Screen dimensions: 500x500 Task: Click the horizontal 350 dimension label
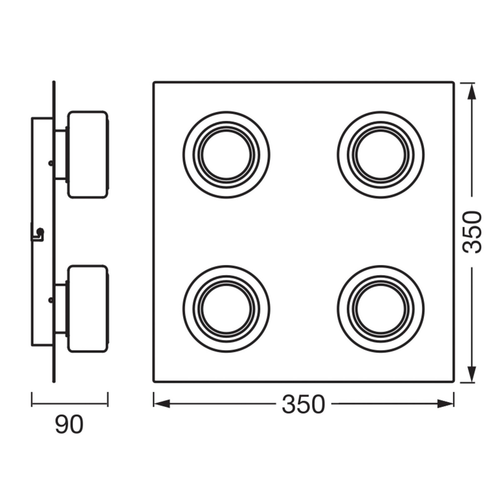[303, 404]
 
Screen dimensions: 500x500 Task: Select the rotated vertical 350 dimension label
[473, 232]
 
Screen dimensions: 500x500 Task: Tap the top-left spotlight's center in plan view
[226, 155]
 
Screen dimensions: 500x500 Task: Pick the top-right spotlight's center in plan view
[381, 155]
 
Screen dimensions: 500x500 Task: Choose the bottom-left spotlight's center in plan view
[226, 309]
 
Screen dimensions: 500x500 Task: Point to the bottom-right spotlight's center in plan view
[381, 309]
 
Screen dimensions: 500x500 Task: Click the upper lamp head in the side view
[88, 155]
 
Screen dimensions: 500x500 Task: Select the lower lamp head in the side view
[88, 309]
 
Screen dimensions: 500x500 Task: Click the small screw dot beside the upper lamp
[50, 163]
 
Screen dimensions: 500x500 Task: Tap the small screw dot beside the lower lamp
[50, 300]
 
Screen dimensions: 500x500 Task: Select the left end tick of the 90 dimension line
[32, 399]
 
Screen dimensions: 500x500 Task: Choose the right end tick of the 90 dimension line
[108, 399]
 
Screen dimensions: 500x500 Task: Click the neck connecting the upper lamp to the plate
[61, 155]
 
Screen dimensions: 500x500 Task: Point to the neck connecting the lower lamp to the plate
[61, 309]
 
